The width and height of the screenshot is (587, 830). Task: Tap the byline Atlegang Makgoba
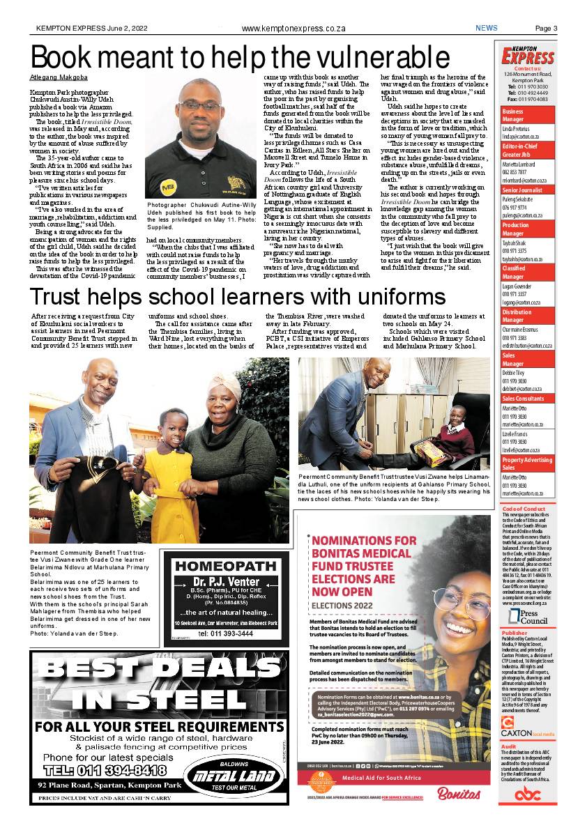point(59,77)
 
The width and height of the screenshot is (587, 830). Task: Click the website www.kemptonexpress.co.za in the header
point(293,29)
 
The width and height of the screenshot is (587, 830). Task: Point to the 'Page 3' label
point(546,29)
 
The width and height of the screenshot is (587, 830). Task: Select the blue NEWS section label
point(487,29)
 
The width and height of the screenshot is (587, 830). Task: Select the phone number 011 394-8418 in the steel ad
point(105,770)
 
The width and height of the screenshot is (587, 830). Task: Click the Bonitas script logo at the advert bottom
point(459,793)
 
